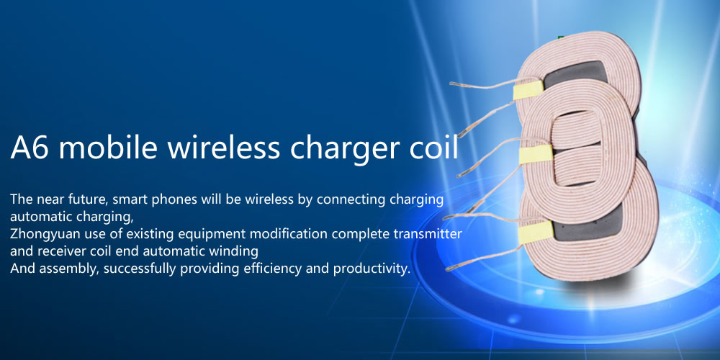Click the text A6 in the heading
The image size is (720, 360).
[29, 147]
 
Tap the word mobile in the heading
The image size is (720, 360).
[108, 146]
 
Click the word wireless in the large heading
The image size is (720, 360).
[224, 146]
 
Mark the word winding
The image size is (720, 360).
[235, 252]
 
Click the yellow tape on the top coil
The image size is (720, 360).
[528, 89]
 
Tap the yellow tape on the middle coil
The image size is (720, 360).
[536, 155]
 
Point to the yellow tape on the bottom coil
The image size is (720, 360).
[536, 233]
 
